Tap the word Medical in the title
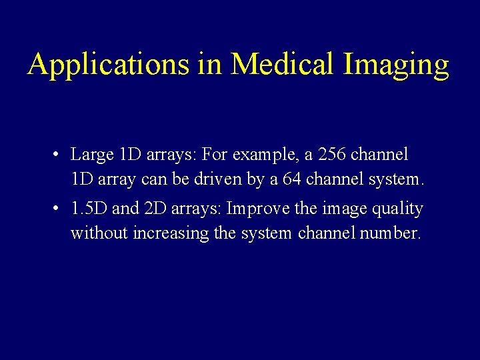tap(283, 65)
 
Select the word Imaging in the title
tap(397, 65)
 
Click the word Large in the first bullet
tap(92, 155)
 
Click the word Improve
tap(259, 209)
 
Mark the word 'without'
tap(99, 233)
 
